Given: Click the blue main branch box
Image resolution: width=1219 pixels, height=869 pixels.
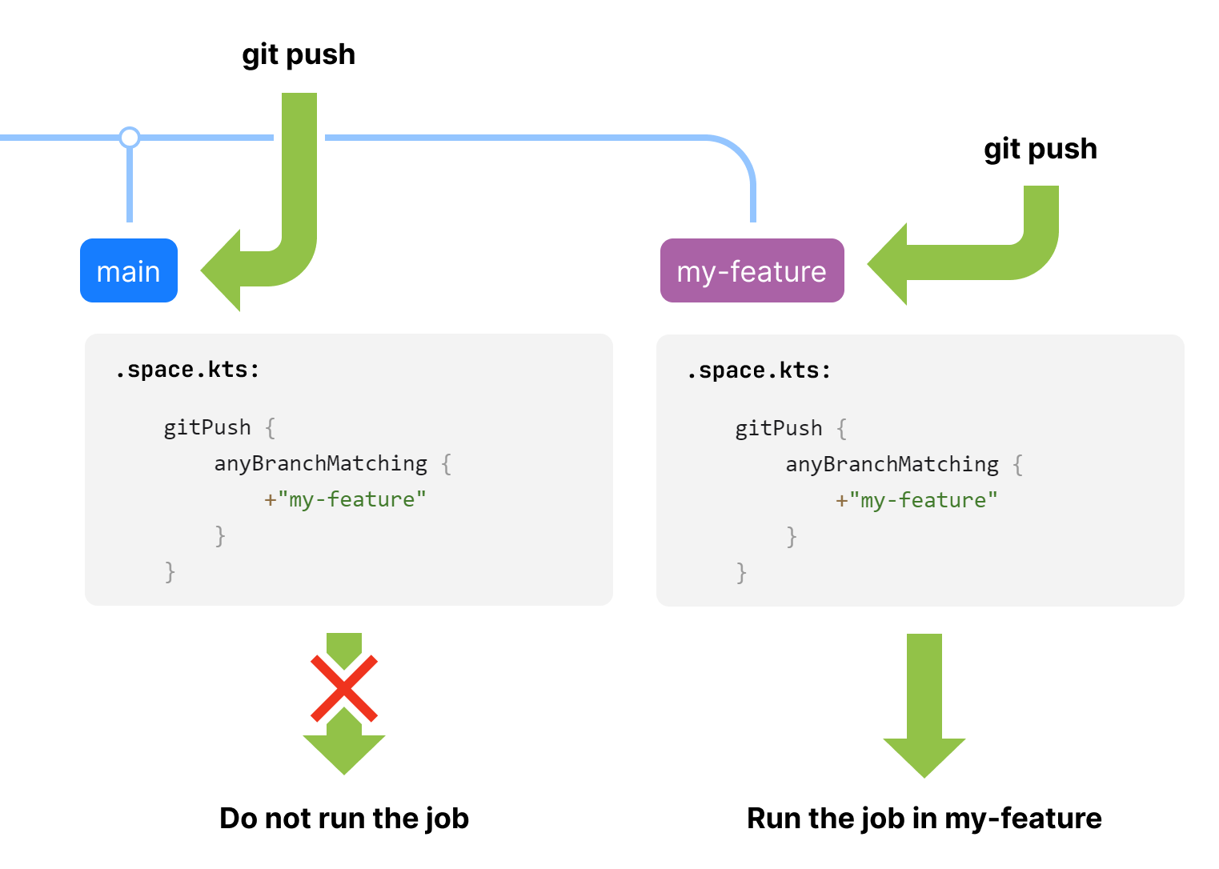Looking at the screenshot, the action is [x=129, y=270].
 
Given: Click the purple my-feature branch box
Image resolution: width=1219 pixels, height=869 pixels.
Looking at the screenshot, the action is [x=752, y=270].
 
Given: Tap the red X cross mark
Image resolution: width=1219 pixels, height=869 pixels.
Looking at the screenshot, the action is [x=344, y=688].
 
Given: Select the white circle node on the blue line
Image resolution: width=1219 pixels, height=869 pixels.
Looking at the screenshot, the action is [x=130, y=138].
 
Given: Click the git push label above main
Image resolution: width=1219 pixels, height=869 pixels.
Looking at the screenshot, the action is [x=299, y=55].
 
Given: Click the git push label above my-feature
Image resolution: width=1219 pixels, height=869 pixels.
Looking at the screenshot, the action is [x=1041, y=150].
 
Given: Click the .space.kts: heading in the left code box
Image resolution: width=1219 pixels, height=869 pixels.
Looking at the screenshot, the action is [x=187, y=370].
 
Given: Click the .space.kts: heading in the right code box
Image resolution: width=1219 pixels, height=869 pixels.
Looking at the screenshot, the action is [x=759, y=371].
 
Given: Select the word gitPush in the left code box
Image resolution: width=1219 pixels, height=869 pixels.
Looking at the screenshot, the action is [x=207, y=428].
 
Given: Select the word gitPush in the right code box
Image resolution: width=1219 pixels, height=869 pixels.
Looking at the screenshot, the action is [x=779, y=430].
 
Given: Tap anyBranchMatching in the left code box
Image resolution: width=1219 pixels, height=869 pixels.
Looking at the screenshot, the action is [x=320, y=464].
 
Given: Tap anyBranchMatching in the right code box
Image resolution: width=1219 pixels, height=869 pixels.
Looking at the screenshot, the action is [x=892, y=465].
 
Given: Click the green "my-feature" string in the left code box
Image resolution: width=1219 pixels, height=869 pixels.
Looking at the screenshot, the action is [x=351, y=499].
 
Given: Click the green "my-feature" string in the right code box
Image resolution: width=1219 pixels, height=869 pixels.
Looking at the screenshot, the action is [x=923, y=501].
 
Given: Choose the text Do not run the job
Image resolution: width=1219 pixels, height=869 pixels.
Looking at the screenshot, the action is [x=344, y=819].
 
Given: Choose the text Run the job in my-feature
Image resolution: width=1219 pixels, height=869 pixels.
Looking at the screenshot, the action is [x=924, y=819].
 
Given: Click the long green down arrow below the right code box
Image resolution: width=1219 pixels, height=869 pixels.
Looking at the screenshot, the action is [x=924, y=705].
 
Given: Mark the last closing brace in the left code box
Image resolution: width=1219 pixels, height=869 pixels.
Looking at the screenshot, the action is [x=170, y=572].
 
